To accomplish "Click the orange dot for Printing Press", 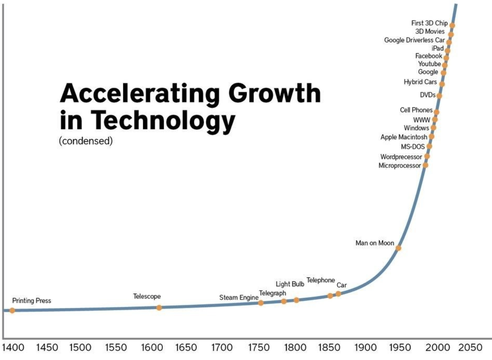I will click(12, 310).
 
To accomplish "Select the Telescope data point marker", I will click(159, 308).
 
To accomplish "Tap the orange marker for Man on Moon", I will click(398, 248).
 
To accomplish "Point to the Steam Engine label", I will click(239, 298).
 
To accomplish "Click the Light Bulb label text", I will click(290, 284).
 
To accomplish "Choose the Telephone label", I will click(321, 280).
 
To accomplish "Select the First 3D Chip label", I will click(429, 23).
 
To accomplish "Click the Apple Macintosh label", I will click(404, 137).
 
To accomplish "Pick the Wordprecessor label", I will click(401, 157).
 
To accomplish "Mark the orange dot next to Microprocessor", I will click(426, 165).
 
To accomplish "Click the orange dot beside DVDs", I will click(439, 96).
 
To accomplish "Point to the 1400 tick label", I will click(13, 347).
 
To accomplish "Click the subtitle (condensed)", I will click(86, 141).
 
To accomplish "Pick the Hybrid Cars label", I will click(420, 82).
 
